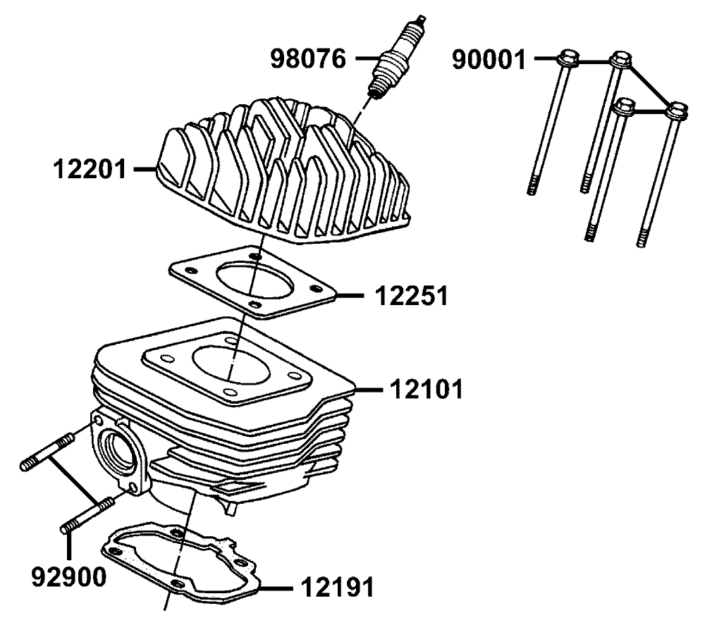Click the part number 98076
pos(309,59)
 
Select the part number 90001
pos(489,60)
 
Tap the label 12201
pos(90,170)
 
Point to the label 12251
pos(412,296)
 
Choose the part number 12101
pos(427,389)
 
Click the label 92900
pos(69,576)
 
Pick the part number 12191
pos(337,587)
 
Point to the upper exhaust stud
pos(47,451)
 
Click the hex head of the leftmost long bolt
pos(568,60)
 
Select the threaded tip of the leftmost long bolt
pos(532,186)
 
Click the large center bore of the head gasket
pos(254,282)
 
